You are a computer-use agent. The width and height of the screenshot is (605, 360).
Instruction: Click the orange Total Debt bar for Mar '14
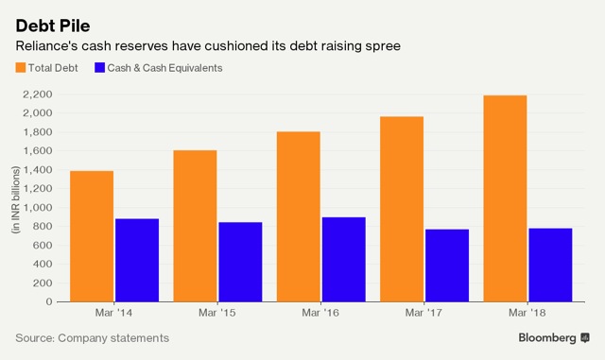point(92,236)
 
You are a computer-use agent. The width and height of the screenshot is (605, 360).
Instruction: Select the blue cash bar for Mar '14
point(137,260)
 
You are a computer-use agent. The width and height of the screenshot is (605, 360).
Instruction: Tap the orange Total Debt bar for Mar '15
point(195,226)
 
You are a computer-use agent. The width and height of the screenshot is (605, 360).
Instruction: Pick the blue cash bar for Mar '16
point(344,259)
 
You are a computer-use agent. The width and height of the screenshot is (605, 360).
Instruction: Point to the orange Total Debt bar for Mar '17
point(402,209)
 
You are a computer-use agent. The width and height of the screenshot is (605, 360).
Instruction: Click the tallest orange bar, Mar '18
point(505,198)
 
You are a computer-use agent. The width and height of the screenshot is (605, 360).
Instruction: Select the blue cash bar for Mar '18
point(550,266)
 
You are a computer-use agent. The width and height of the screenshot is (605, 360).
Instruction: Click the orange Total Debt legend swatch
point(21,68)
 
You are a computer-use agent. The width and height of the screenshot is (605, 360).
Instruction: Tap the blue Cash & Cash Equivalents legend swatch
point(99,68)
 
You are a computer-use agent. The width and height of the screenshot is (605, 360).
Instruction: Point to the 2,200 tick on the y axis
point(38,94)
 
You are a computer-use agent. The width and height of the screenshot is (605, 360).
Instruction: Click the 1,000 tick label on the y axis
point(38,208)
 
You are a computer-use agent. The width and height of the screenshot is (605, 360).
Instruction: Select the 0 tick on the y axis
point(49,301)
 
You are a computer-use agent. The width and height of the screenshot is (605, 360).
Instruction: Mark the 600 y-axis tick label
point(42,246)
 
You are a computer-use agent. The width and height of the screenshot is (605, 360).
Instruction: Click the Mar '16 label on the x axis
point(320,313)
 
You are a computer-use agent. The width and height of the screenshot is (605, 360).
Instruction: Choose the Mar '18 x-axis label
point(527,313)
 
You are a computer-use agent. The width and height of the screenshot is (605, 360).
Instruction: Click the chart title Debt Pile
point(53,26)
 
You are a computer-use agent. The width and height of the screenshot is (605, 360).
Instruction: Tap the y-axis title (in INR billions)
point(15,199)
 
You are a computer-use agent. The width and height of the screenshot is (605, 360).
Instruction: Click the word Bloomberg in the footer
point(546,338)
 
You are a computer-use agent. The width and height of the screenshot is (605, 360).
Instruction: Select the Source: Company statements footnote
point(93,338)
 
